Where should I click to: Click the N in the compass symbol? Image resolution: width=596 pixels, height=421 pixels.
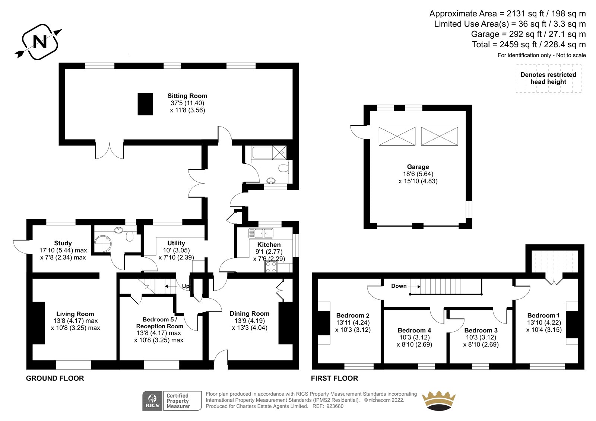[40, 42]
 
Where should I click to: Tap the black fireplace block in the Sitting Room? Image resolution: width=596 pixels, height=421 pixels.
[145, 104]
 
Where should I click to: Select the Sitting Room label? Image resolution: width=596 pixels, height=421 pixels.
[187, 96]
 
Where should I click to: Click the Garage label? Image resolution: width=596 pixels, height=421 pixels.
[418, 167]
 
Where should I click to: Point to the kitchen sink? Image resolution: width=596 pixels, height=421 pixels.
[261, 233]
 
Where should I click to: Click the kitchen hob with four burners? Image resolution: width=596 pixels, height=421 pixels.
[271, 267]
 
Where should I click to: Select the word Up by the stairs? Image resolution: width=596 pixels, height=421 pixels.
[186, 286]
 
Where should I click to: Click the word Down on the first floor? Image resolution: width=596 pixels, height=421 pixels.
[399, 286]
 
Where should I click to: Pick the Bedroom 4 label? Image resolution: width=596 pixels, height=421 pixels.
[414, 330]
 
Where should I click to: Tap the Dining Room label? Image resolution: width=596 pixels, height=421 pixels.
[250, 313]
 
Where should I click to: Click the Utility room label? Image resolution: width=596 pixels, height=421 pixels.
[176, 243]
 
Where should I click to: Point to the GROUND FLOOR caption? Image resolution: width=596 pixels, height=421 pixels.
[55, 378]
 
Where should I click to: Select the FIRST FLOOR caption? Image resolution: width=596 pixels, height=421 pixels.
[335, 378]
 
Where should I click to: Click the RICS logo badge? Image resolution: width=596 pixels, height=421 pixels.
[172, 401]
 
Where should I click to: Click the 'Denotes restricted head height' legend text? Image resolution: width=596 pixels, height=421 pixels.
[548, 78]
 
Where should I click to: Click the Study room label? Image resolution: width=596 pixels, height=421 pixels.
[63, 243]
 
